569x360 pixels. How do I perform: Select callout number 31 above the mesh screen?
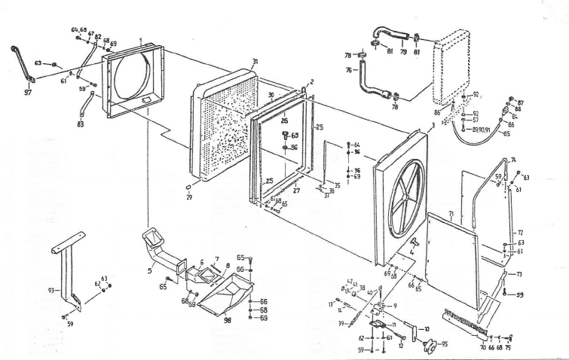[255, 61]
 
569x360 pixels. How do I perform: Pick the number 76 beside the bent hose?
[350, 71]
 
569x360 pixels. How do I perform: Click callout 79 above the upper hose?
[402, 53]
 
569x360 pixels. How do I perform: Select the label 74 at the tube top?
[513, 160]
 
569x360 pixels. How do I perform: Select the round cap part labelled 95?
[430, 346]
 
